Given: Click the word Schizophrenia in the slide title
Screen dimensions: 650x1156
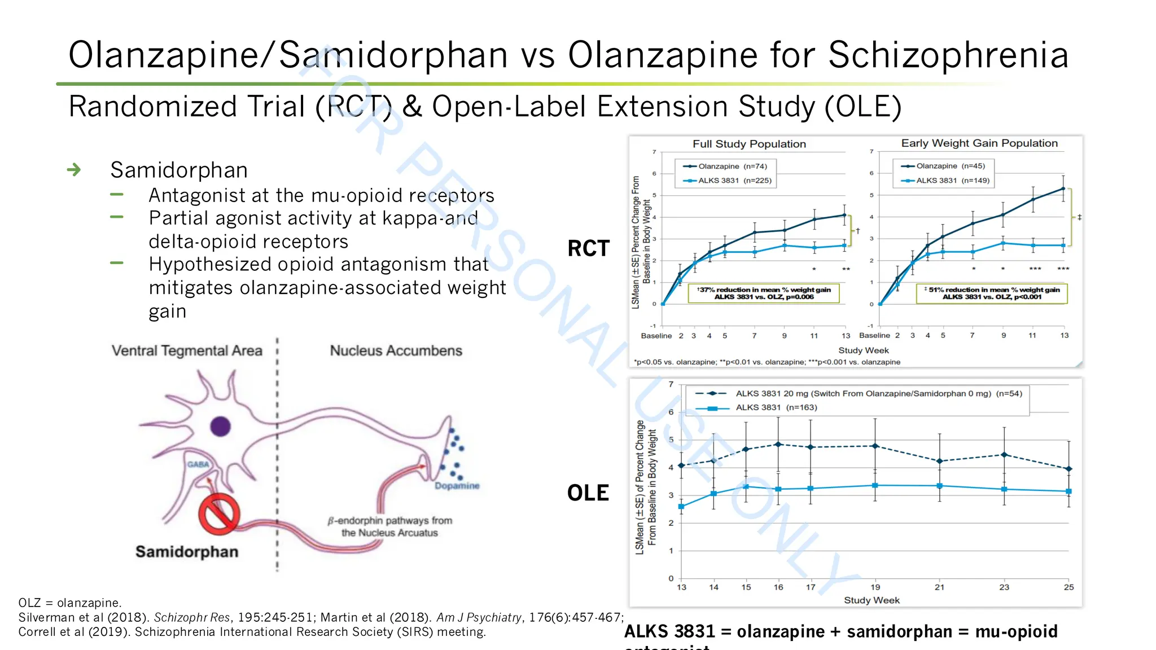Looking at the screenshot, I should [x=948, y=55].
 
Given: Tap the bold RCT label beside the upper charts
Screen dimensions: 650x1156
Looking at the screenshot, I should [x=588, y=248].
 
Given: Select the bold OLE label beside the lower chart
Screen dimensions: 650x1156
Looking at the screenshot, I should [x=588, y=493].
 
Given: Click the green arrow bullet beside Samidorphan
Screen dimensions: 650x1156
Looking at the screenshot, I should [x=74, y=170].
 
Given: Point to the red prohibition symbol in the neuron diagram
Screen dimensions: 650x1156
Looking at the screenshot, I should [x=218, y=514].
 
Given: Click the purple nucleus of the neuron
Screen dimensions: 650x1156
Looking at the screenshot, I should [x=220, y=426].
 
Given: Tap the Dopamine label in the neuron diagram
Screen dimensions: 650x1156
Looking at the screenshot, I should [x=457, y=486].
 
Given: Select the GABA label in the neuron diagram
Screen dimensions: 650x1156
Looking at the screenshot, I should [x=198, y=464].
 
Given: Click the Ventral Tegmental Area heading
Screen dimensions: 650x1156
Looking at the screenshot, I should [x=187, y=351].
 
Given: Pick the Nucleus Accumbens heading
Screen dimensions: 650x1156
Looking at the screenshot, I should [x=396, y=351].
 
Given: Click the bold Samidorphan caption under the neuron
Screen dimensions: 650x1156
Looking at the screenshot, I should [x=187, y=551].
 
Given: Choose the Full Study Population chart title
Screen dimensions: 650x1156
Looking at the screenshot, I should [x=749, y=144].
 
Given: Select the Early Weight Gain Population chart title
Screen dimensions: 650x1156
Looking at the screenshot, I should [x=979, y=143].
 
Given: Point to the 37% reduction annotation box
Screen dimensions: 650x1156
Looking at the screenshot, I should [x=764, y=293].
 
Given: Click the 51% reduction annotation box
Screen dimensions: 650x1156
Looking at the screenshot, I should [x=991, y=293].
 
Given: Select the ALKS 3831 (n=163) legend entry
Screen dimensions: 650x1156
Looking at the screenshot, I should [x=776, y=407].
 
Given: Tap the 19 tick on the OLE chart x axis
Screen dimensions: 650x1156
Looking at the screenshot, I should [x=875, y=587].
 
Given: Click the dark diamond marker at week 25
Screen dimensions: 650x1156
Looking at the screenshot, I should [x=1069, y=469].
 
